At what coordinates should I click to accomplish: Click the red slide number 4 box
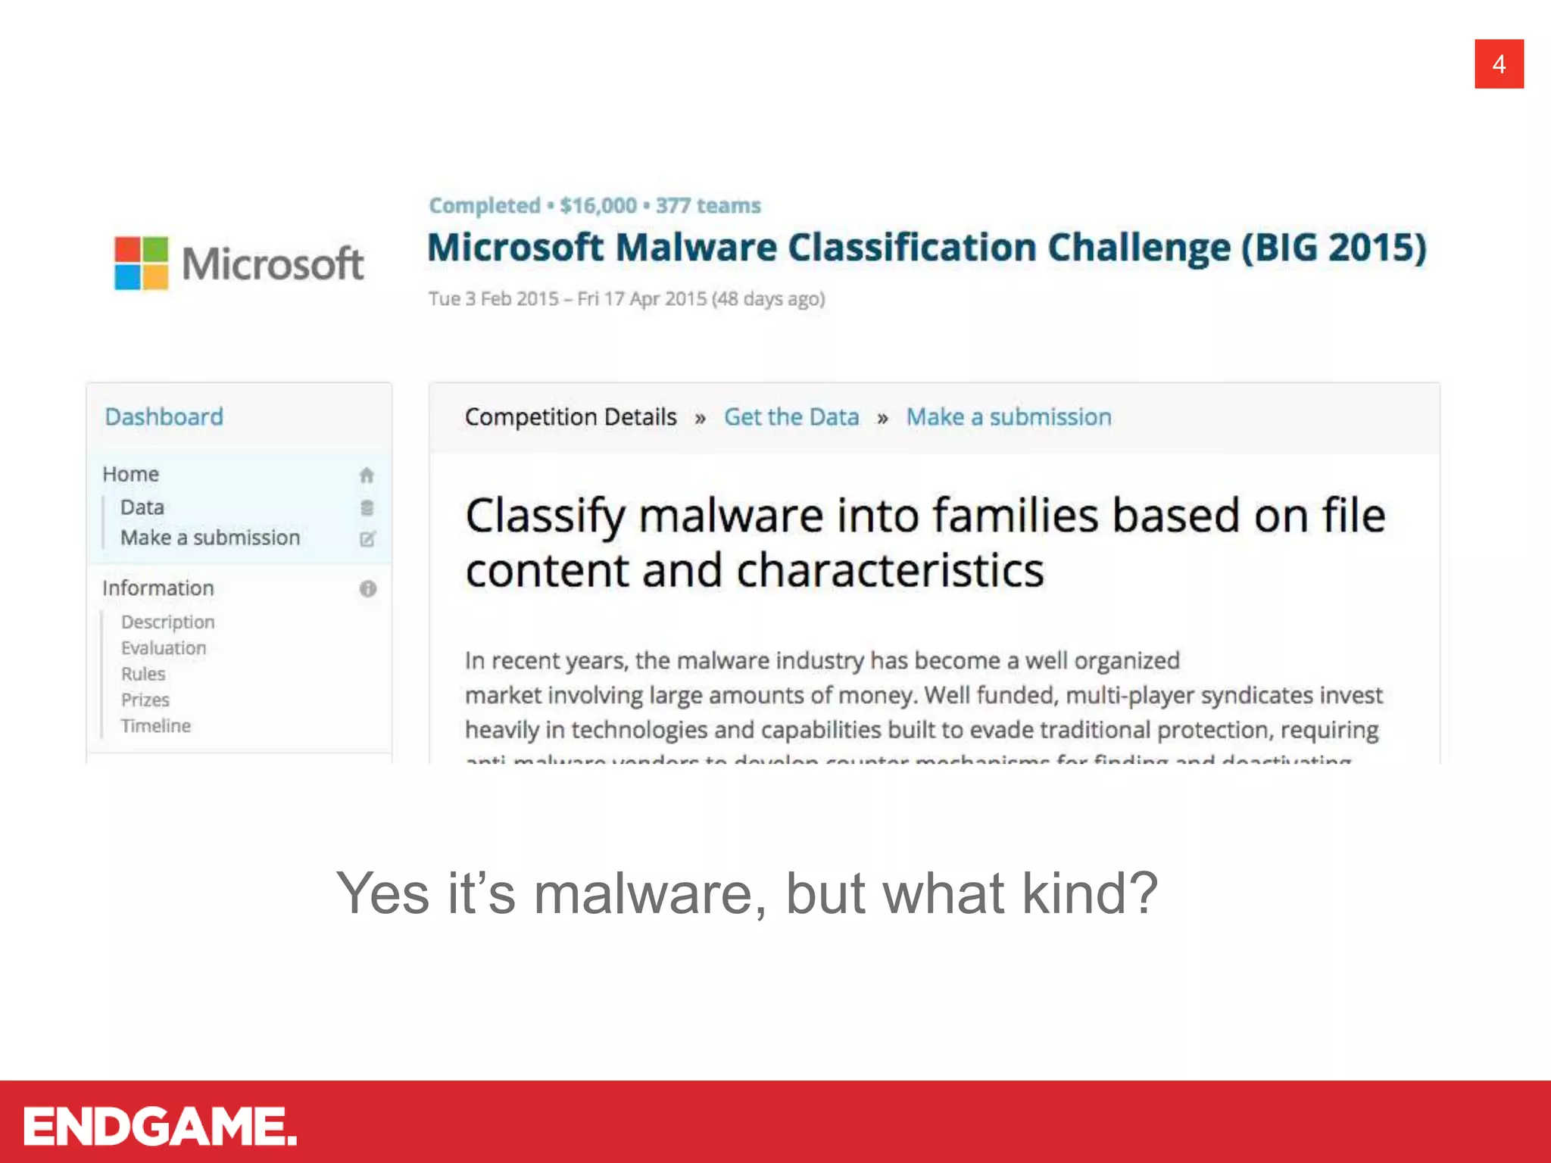[x=1498, y=64]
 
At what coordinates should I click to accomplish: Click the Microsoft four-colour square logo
[x=141, y=263]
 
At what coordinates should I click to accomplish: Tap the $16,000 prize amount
[x=598, y=206]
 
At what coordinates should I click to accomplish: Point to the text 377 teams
[x=708, y=206]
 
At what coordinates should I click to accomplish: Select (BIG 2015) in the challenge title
[x=1333, y=248]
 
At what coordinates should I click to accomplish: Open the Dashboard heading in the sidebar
[x=164, y=417]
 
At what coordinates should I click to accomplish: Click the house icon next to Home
[x=367, y=475]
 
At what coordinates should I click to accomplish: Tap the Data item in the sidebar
[x=142, y=507]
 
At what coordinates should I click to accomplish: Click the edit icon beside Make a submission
[x=367, y=539]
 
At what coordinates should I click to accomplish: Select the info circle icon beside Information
[x=368, y=589]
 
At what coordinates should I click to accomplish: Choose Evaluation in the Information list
[x=164, y=648]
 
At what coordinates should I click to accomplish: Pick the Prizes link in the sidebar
[x=145, y=700]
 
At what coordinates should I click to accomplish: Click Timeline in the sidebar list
[x=156, y=726]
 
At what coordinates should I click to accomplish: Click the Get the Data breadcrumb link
[x=791, y=417]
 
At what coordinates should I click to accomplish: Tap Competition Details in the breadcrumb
[x=570, y=417]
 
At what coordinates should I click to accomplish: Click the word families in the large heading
[x=1015, y=516]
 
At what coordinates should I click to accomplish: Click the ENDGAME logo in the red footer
[x=160, y=1126]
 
